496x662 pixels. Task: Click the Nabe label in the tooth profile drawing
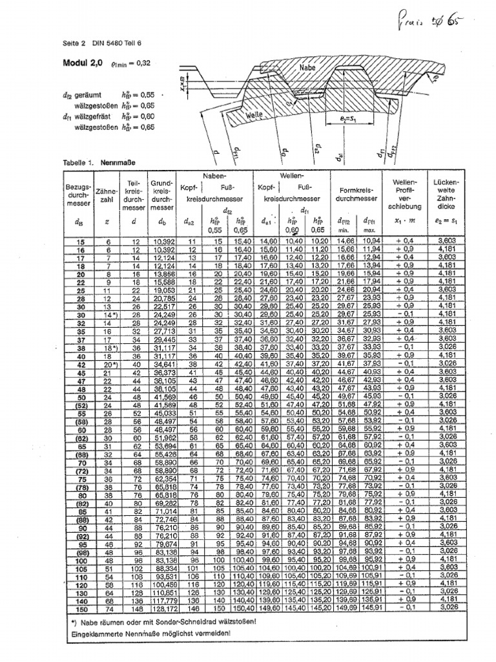click(307, 67)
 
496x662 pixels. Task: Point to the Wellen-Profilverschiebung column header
click(405, 195)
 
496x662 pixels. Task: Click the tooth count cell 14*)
click(107, 315)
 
